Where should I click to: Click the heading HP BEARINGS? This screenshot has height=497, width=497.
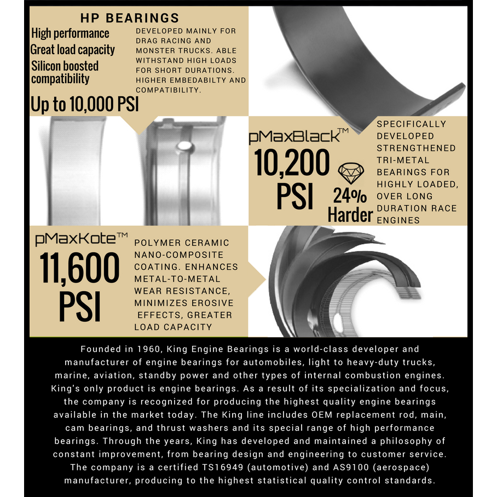(x=129, y=18)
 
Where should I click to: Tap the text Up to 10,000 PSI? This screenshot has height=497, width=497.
(x=85, y=105)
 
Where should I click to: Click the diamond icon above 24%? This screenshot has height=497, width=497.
(x=350, y=174)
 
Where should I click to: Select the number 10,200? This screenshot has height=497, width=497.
(x=292, y=163)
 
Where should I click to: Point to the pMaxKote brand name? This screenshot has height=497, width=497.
(x=81, y=239)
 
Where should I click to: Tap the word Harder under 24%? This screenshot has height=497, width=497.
(x=350, y=215)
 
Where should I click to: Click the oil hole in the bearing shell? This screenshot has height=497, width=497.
(x=185, y=146)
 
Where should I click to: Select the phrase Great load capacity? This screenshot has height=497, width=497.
(x=73, y=50)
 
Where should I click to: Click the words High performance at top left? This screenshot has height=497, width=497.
(x=70, y=33)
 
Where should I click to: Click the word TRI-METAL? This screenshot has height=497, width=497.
(x=403, y=160)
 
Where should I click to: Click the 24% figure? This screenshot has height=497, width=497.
(x=350, y=195)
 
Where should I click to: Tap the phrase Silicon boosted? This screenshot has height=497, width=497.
(x=65, y=66)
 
